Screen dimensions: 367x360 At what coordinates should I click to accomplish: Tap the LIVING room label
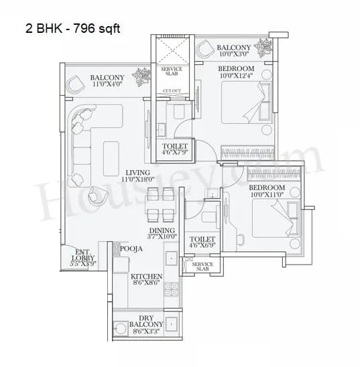pos(137,173)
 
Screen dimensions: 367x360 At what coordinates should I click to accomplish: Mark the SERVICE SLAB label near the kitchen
pos(202,267)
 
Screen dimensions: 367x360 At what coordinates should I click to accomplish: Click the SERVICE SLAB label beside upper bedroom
pos(171,71)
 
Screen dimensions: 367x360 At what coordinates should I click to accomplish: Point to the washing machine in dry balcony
pos(121,329)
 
